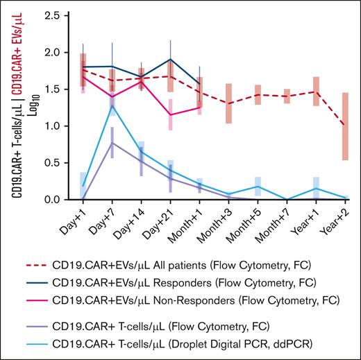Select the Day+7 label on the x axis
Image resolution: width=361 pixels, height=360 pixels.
(x=101, y=218)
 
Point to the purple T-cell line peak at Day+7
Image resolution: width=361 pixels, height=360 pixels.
(x=112, y=143)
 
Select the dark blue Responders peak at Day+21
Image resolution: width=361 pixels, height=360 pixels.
(x=171, y=59)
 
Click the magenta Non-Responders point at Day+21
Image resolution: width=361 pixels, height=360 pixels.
(x=171, y=114)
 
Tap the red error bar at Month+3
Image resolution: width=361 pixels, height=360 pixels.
(x=229, y=103)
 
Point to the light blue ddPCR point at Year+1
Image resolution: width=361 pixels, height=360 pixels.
(x=317, y=188)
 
